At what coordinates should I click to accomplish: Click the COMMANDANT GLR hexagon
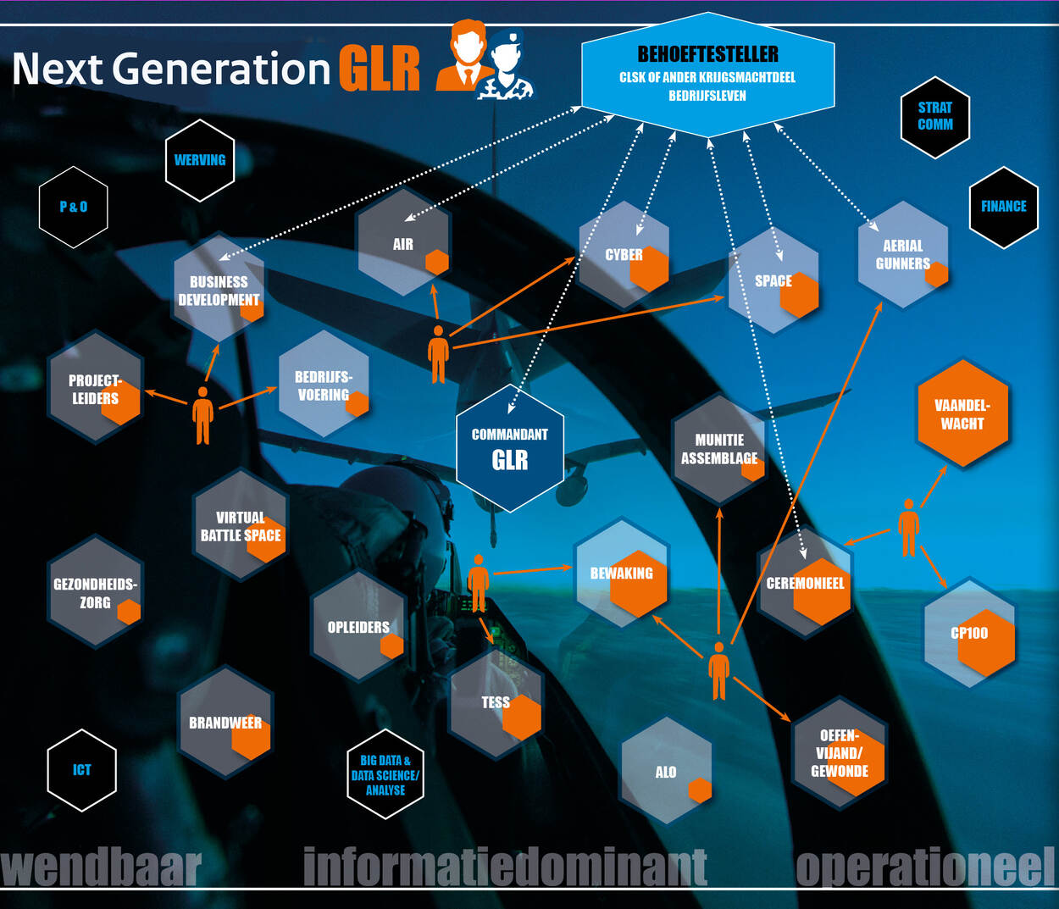pos(510,448)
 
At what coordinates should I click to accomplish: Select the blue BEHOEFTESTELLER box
pos(708,75)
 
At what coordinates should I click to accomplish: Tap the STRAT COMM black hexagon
pos(934,117)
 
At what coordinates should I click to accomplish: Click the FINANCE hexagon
pos(1003,207)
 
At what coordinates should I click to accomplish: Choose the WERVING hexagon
pos(200,160)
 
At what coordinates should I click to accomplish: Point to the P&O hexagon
pos(74,207)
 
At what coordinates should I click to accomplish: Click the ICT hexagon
pos(81,770)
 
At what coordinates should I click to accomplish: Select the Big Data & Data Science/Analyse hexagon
pos(385,774)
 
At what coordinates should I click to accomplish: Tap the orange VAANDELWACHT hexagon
pos(962,414)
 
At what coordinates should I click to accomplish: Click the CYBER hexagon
pos(624,255)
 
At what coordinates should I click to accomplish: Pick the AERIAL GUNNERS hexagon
pos(902,254)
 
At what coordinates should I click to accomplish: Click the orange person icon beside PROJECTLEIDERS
pos(202,415)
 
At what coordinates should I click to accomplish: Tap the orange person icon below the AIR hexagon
pos(438,354)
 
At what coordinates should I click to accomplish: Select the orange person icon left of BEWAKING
pos(479,583)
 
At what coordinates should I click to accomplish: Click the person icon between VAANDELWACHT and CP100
pos(908,527)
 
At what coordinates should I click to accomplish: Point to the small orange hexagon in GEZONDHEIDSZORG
pos(129,612)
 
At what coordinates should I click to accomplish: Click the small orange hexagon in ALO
pos(700,790)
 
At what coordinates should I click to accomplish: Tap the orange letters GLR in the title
pos(380,69)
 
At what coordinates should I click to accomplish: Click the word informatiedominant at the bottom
pos(505,867)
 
